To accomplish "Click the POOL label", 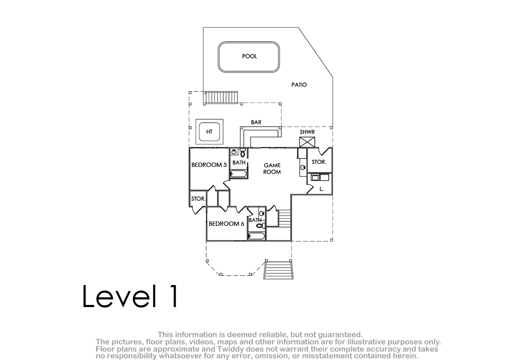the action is [x=249, y=56].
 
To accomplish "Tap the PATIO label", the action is [x=299, y=85].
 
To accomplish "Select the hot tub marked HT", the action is [x=209, y=132].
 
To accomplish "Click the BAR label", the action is [x=256, y=122].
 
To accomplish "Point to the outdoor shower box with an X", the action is [x=307, y=142].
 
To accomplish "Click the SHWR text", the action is [x=307, y=132].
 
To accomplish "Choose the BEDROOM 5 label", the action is [x=209, y=165].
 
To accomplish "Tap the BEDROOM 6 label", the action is [x=226, y=224].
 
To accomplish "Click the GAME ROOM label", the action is [x=272, y=169].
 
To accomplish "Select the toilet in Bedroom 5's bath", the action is [x=243, y=152].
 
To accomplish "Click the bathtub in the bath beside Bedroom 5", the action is [x=238, y=174].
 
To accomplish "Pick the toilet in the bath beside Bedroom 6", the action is [x=261, y=225].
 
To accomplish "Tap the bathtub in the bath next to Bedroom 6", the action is [x=257, y=236].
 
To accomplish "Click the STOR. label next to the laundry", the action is [x=319, y=162].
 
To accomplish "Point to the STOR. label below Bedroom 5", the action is [x=198, y=199].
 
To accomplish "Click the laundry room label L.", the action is [x=321, y=189].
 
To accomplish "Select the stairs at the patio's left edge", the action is [x=221, y=98].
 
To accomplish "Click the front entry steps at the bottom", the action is [x=278, y=270].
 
